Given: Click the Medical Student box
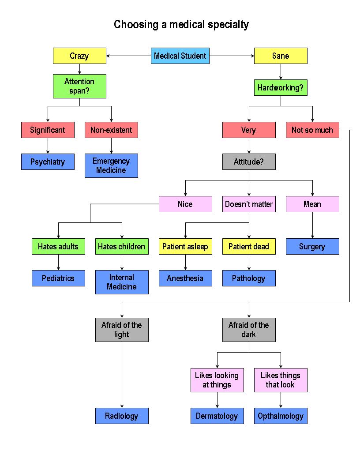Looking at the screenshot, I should [180, 56].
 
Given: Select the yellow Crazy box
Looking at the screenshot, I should [79, 56].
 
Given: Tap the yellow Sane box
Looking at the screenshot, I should [281, 56].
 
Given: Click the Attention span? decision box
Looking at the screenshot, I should [79, 86].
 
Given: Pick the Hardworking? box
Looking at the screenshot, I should [281, 88].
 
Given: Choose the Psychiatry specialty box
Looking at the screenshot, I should [48, 162].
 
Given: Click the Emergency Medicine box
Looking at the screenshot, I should [111, 165].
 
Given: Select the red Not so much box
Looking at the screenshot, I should [312, 130].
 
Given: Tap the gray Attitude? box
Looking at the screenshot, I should [249, 162].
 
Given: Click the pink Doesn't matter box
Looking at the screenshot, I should [249, 204].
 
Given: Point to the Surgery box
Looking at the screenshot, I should [312, 247].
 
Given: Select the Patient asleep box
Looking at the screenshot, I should [185, 247].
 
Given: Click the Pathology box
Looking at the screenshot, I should [249, 278].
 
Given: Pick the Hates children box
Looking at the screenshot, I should [122, 247].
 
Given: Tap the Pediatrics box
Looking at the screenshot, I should [58, 278].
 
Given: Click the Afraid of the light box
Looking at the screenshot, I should [122, 330].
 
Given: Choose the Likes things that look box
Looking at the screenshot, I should [281, 380].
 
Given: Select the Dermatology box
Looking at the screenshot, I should [217, 416].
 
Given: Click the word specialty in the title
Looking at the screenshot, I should [226, 25].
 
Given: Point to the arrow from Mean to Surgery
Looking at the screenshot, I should [312, 225].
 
